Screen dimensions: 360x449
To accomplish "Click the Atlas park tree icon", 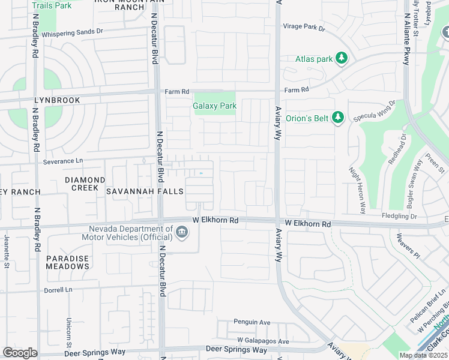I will coord(342,59).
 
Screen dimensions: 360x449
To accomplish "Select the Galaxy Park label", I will coord(214,106).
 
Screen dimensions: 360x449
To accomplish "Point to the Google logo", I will coord(19,353).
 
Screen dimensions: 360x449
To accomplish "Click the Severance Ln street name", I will coord(62,161).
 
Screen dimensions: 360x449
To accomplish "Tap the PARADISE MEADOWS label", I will coord(67,262).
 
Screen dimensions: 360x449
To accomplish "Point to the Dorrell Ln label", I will coord(58,290).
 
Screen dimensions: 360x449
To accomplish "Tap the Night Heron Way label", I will coord(357,191).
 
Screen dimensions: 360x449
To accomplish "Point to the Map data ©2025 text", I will coord(423,355).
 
